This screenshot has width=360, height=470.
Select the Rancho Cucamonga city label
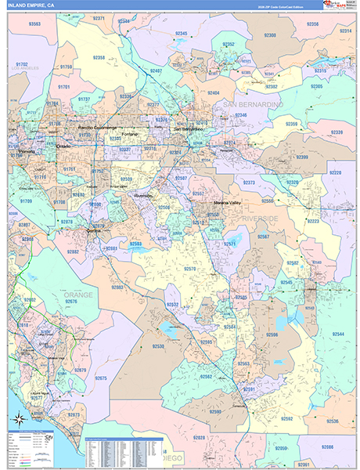(x=97, y=127)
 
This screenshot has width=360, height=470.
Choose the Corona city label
(x=93, y=230)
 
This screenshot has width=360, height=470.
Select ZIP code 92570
(x=189, y=269)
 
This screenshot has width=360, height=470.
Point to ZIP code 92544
(x=338, y=334)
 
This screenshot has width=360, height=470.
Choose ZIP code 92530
(x=158, y=345)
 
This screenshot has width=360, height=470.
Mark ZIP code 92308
(x=270, y=35)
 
